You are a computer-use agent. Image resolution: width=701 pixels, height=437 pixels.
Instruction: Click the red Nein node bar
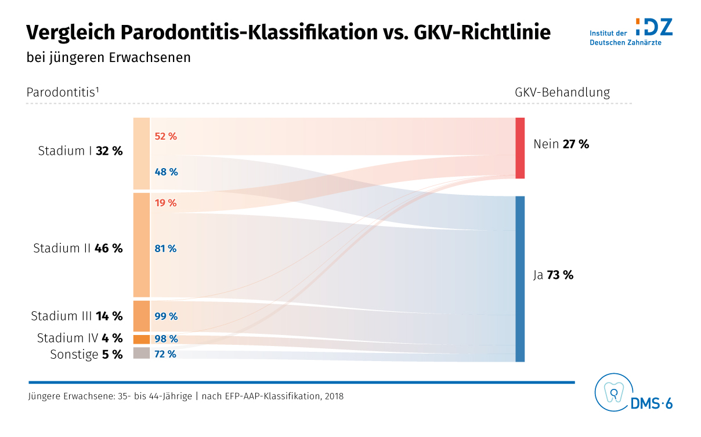pos(520,148)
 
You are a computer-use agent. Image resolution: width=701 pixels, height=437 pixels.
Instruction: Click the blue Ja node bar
pos(520,279)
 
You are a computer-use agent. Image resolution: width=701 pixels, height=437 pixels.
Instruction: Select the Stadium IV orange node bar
pos(142,339)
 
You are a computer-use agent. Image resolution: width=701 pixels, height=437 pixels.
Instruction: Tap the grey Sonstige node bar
pos(142,353)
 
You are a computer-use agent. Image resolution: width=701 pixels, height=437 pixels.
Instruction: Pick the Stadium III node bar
pos(142,316)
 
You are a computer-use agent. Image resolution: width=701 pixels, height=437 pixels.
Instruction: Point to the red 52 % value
pos(165,137)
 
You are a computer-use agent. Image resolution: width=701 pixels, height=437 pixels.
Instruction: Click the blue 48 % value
pos(165,172)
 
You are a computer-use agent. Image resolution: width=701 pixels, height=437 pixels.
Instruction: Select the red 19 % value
pos(165,203)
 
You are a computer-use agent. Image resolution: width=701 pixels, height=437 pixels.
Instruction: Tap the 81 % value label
pos(165,249)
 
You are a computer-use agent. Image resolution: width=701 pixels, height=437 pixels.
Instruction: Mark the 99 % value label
pos(165,316)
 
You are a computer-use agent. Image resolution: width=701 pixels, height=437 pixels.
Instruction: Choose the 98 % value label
pos(165,339)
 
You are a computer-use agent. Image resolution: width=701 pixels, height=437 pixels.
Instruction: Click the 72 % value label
pos(165,354)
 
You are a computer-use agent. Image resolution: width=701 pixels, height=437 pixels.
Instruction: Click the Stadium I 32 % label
pos(80,151)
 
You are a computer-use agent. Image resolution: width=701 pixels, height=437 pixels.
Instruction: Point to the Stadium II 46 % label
pos(78,249)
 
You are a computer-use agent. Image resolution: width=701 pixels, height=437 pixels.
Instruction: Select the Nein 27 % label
pos(561,144)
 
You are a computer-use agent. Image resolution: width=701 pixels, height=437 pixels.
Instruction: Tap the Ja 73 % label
pos(553,275)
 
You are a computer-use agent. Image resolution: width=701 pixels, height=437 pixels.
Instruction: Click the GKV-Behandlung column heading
pos(562,92)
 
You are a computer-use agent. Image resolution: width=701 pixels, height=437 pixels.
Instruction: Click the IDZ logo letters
pos(654,27)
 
